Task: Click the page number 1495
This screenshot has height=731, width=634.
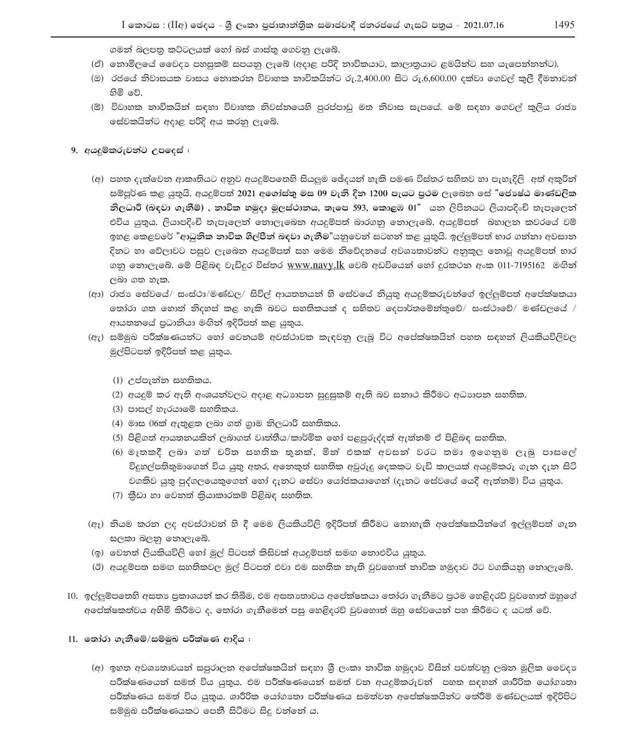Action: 564,25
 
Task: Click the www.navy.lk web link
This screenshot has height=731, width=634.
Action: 316,265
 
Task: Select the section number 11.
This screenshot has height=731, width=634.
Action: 72,639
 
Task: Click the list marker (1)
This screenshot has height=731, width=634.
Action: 117,380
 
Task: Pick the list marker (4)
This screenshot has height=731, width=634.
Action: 117,423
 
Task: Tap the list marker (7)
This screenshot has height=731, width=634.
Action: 117,495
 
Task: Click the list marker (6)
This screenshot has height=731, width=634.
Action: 117,452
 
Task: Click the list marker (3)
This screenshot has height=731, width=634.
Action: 117,409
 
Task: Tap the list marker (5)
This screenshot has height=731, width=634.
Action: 117,437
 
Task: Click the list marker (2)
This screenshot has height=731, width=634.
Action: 117,394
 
